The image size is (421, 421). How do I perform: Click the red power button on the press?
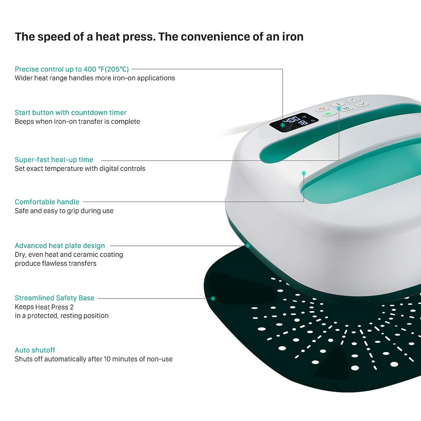pos(322,109)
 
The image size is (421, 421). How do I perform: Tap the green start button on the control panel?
pos(330,114)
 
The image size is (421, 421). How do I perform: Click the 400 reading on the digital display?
pos(292,120)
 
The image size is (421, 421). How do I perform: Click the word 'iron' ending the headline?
pos(293,37)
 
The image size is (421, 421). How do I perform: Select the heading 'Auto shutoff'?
pos(35,350)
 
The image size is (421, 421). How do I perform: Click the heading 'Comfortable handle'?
pos(47,202)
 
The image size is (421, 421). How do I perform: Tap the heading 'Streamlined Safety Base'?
pos(54,298)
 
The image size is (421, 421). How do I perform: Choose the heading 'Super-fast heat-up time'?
pos(54,160)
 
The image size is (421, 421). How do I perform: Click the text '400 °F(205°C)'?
pos(106,69)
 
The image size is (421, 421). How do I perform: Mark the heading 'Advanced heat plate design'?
pos(60,246)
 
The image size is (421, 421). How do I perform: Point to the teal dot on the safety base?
pos(213,298)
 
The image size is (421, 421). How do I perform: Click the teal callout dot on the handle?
pos(304,173)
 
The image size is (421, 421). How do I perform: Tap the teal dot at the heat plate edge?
pos(248,245)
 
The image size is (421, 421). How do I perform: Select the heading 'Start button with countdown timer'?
pos(71,112)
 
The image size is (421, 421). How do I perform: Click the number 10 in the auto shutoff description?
pos(107,359)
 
